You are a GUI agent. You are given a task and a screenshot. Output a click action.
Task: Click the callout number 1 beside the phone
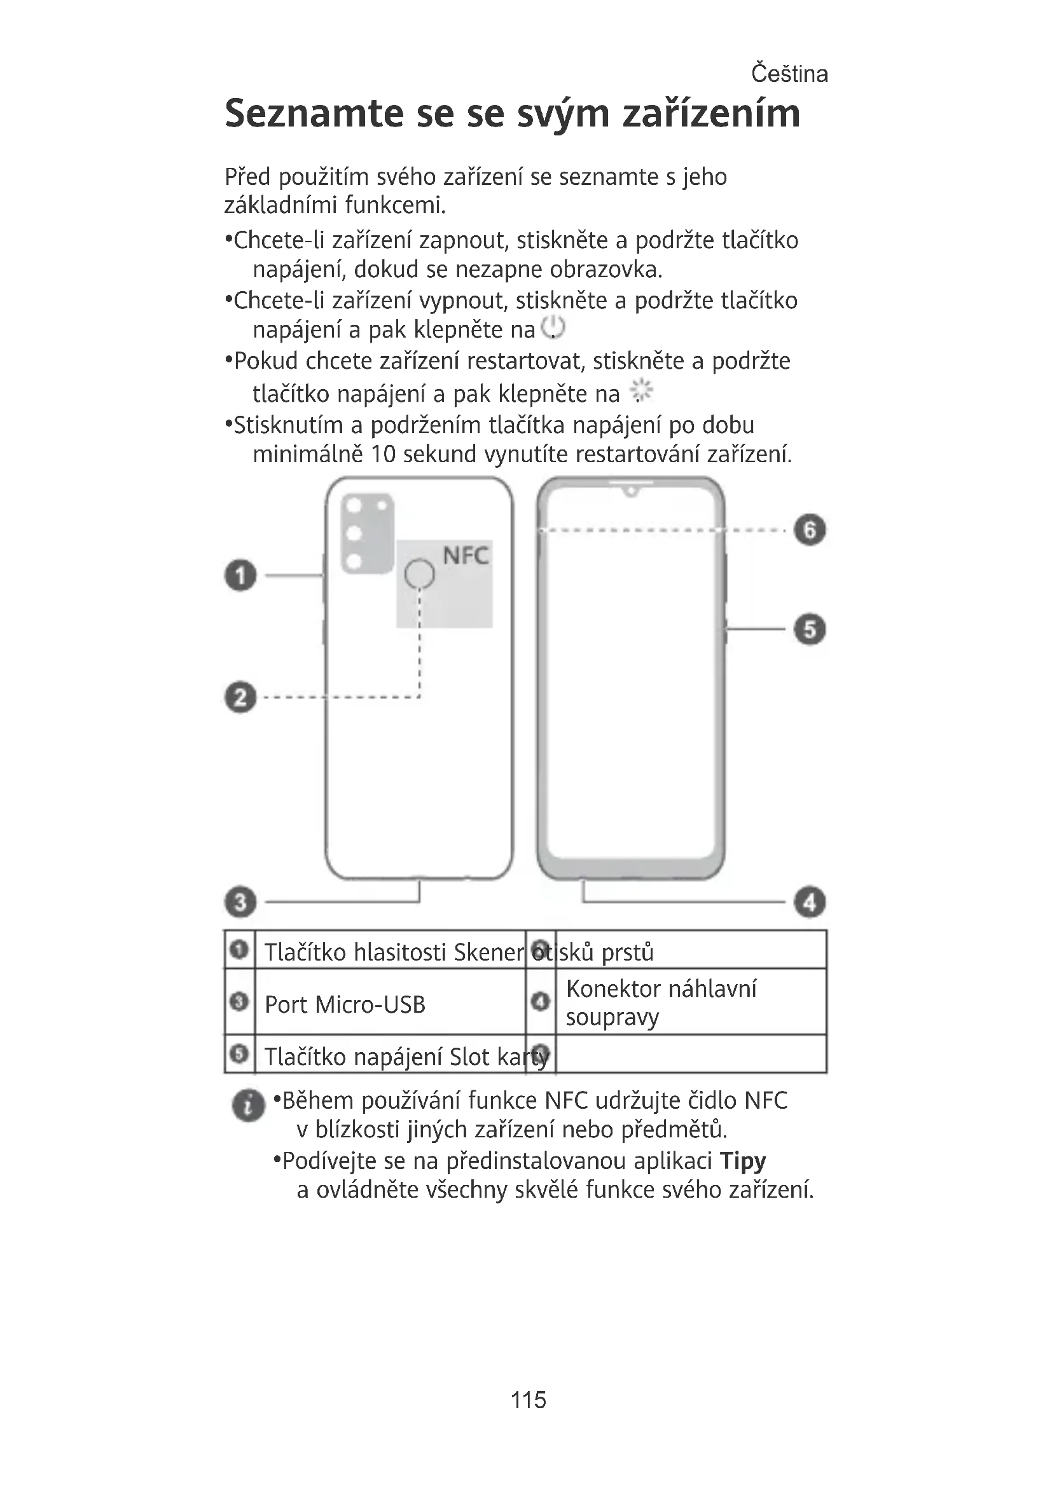point(240,575)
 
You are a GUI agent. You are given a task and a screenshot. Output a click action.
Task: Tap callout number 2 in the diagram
point(240,697)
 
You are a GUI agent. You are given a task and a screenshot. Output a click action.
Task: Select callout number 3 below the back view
point(240,901)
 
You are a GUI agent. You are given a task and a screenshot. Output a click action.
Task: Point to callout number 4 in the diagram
point(810,901)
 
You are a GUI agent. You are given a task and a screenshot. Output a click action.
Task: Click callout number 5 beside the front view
point(810,629)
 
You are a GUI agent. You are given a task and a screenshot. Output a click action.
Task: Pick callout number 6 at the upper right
point(810,530)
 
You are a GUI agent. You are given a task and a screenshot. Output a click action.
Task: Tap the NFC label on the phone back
point(465,556)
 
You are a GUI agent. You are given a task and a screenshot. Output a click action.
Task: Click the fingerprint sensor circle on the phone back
point(419,574)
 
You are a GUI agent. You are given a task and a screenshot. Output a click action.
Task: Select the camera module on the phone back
point(367,533)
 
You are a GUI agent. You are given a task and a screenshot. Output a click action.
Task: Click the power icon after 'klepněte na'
point(553,328)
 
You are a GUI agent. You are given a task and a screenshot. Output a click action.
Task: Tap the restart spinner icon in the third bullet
point(641,391)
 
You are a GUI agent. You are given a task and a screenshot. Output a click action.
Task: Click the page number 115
point(528,1399)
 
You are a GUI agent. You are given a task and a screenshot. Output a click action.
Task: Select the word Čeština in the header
point(789,74)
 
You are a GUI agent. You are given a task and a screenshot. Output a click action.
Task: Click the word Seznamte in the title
point(314,114)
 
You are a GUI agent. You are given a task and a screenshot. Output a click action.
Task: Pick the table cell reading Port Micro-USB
point(345,1004)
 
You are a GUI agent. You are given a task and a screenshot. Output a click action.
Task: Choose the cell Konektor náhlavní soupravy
point(661,1003)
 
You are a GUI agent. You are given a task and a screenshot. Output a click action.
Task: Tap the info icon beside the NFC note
point(248,1105)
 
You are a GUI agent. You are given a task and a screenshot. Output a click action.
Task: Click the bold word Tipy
point(742,1161)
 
